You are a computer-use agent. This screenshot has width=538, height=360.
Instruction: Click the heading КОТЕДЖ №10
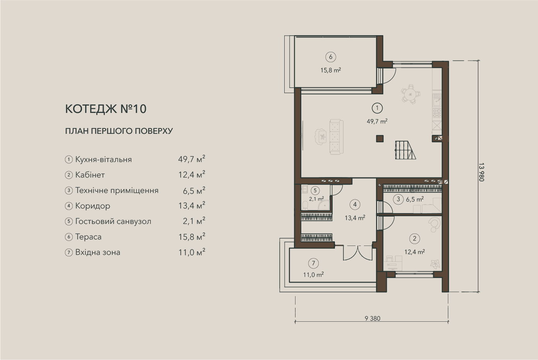pyautogui.click(x=106, y=109)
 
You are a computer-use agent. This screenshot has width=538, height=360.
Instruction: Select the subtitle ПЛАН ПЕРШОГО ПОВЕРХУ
pyautogui.click(x=119, y=131)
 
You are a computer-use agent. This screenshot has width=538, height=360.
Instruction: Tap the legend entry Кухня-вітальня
pyautogui.click(x=104, y=159)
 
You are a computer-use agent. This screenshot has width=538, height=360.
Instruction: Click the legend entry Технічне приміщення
pyautogui.click(x=117, y=191)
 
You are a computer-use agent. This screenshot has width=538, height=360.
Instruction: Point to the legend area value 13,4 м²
pyautogui.click(x=192, y=205)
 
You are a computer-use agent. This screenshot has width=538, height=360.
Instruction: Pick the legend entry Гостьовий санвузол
pyautogui.click(x=113, y=221)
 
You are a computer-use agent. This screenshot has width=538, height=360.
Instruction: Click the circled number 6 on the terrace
pyautogui.click(x=331, y=57)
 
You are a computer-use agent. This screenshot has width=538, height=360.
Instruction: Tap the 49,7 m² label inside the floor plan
pyautogui.click(x=377, y=121)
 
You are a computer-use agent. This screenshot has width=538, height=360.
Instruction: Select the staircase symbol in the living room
pyautogui.click(x=405, y=150)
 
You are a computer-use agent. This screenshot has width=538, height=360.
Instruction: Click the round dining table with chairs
pyautogui.click(x=411, y=94)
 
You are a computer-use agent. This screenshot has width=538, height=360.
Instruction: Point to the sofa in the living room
pyautogui.click(x=336, y=136)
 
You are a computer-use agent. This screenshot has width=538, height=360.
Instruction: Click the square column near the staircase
pyautogui.click(x=380, y=138)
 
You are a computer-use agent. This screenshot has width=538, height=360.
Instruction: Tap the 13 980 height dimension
pyautogui.click(x=481, y=172)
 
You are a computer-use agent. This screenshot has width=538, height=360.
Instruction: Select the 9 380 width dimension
pyautogui.click(x=372, y=319)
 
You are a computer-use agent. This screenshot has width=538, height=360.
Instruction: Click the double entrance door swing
pyautogui.click(x=358, y=253)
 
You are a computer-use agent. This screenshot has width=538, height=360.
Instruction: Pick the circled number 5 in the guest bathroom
pyautogui.click(x=315, y=191)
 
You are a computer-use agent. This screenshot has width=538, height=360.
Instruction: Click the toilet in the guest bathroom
pyautogui.click(x=305, y=205)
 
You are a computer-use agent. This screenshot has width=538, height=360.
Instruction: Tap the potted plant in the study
pyautogui.click(x=435, y=264)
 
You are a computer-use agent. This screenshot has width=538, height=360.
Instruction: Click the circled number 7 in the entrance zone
pyautogui.click(x=313, y=263)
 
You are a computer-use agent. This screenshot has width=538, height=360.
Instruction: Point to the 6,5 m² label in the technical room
pyautogui.click(x=415, y=199)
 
